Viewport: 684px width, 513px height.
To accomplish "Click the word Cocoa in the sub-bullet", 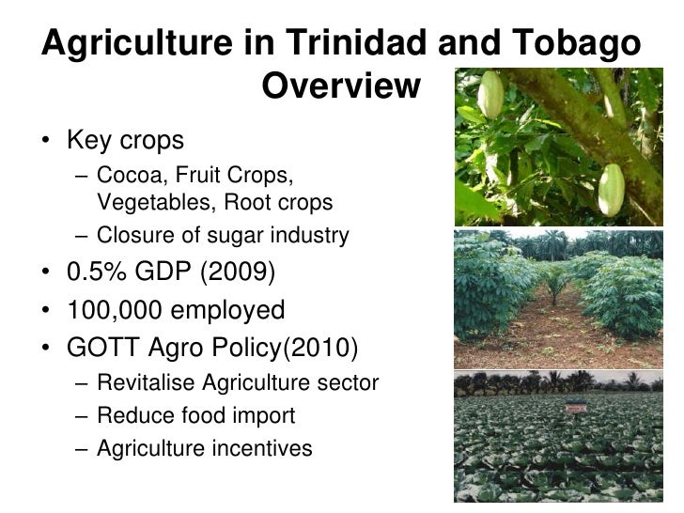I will tap(125, 176).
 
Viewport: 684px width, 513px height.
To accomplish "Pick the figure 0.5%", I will tap(103, 273).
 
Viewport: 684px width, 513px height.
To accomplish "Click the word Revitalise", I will tap(148, 383).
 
